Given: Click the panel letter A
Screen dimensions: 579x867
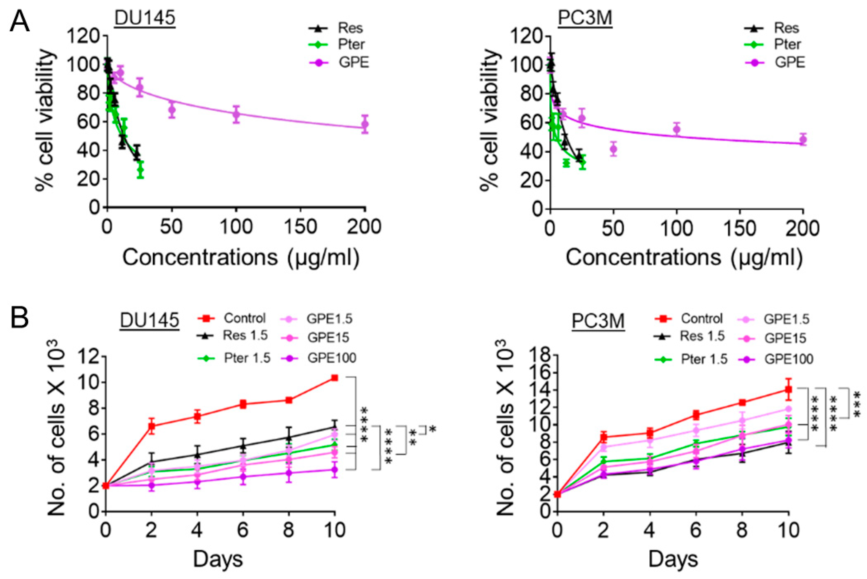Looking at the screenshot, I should point(20,21).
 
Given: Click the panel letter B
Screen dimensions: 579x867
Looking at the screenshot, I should point(20,318).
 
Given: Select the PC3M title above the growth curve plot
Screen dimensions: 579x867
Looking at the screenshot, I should point(598,320).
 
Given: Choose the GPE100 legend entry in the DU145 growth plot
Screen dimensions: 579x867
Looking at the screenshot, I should point(331,357).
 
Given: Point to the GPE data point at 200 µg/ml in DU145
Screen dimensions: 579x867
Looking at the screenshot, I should point(365,124).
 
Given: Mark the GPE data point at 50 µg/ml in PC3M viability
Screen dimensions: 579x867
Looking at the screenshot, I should point(613,149).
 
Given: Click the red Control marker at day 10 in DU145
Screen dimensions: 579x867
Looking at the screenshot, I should point(334,378).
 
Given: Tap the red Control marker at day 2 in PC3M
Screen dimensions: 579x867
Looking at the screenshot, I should point(604,438).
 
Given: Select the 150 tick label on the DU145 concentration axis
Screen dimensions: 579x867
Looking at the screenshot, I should point(300,226).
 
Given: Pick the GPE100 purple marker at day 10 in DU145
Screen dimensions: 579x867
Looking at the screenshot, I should point(334,470).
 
